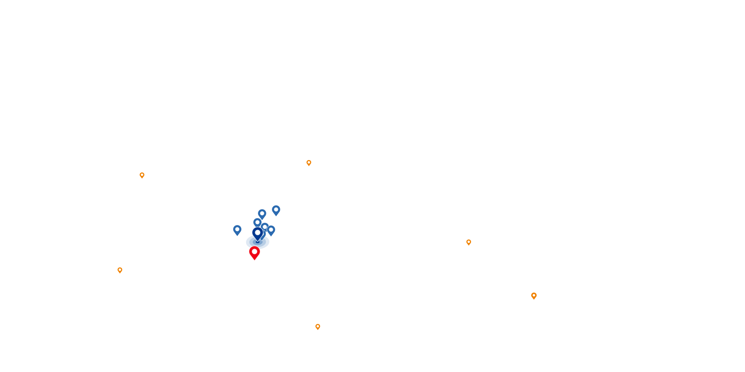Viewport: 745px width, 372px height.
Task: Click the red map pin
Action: (255, 253)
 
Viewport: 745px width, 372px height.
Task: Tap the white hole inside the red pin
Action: (255, 251)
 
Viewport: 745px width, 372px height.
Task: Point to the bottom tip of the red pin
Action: (255, 260)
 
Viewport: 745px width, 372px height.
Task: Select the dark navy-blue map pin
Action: (258, 234)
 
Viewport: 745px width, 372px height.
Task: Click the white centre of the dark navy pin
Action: (258, 232)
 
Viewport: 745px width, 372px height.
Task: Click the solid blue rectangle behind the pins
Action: (250, 244)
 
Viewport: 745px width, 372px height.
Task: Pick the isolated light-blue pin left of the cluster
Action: (237, 230)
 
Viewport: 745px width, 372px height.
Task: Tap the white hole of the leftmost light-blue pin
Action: (237, 229)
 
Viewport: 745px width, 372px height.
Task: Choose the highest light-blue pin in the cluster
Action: (276, 210)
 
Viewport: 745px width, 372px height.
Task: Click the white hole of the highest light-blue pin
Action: (276, 210)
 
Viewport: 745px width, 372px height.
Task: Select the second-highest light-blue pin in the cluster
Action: (262, 214)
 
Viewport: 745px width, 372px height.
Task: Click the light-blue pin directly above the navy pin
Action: (257, 222)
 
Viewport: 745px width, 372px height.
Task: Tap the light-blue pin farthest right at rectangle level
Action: (271, 231)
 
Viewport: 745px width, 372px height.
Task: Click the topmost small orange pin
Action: (309, 163)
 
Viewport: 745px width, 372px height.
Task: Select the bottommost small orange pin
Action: (318, 327)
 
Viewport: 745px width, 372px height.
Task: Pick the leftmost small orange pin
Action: (120, 270)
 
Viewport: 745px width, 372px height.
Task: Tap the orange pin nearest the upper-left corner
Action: (142, 176)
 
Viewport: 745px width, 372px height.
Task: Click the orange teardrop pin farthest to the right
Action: (469, 243)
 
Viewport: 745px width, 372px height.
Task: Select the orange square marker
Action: (534, 296)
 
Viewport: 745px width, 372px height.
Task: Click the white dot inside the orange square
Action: (534, 295)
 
